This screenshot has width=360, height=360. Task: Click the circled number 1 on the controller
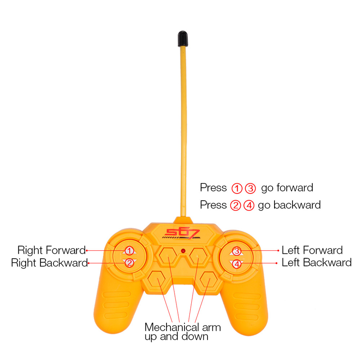point(129,251)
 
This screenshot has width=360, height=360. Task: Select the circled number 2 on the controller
point(129,263)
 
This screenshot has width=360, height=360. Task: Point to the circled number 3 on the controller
point(237,251)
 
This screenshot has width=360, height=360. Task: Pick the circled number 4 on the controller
point(237,264)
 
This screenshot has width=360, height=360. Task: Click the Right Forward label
point(51,250)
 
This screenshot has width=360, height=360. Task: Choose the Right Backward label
point(49,263)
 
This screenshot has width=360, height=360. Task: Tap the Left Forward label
point(312,250)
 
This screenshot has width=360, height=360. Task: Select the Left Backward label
point(316,263)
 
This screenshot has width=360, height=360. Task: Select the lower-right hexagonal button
point(208,281)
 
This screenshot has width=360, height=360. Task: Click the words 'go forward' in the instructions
point(287,188)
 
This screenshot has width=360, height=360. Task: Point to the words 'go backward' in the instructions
point(289,205)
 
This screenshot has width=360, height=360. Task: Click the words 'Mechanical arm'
point(183,327)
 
